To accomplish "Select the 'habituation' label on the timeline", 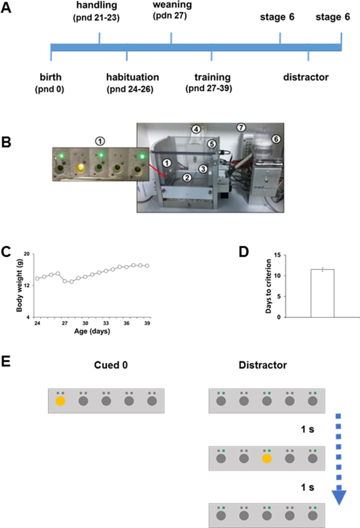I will pos(132,77).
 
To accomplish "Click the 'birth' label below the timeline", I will pos(51,77).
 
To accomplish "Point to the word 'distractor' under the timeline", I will pos(306,77).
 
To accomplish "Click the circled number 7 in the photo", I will pos(240,127).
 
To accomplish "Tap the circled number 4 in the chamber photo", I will pos(197,129).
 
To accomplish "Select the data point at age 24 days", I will pos(37,278).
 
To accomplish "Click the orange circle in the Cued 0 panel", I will pos(60,401).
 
